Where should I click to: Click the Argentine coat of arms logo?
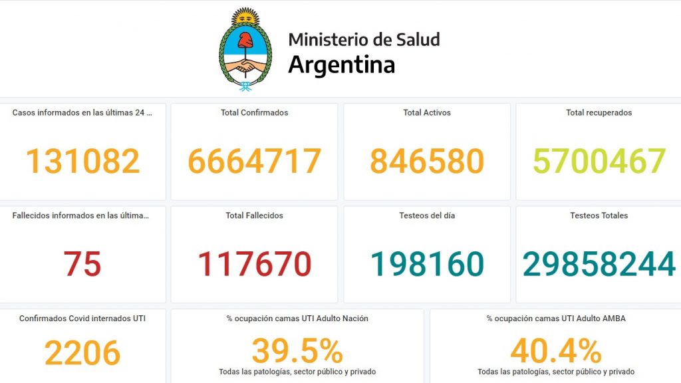coord(245,50)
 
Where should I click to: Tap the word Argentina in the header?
coord(341,65)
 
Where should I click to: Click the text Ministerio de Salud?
coord(364,39)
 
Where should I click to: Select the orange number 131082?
coord(83,161)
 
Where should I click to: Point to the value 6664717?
coord(254,161)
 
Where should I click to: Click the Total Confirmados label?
coord(254,113)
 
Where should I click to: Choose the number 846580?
coord(427,161)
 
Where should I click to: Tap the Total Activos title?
coord(427,113)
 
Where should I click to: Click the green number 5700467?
coord(599,161)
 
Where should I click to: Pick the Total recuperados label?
coord(599,113)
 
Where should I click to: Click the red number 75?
coord(82,264)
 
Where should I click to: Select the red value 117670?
coord(254,264)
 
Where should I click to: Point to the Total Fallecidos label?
coord(254,215)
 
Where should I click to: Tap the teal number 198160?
coord(427,264)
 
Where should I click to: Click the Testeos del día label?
coord(427,215)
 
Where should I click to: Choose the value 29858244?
coord(599,264)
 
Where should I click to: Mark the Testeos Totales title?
coord(599,215)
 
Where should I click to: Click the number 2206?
coord(82,353)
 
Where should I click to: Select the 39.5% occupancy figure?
coord(297,351)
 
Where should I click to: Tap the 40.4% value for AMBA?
coord(556,351)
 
